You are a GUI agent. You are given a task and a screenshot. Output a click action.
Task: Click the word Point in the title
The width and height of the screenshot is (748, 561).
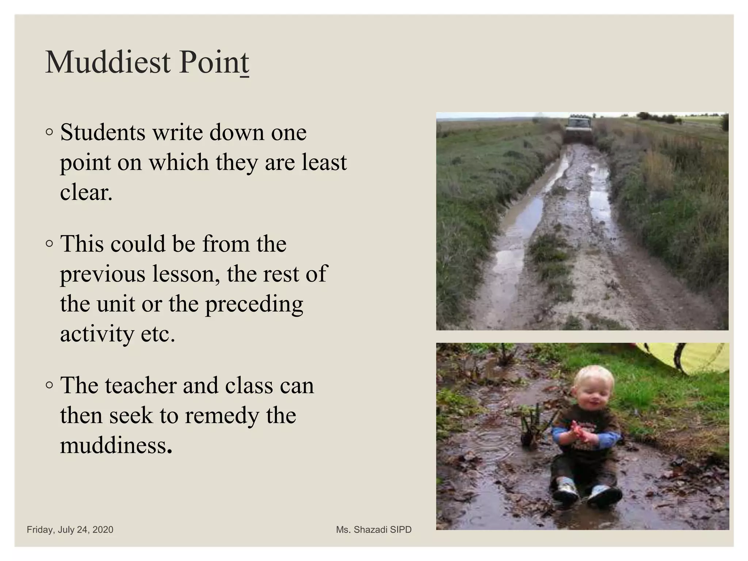point(214,63)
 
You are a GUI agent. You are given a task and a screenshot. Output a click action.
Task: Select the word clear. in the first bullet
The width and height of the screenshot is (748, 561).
point(86,192)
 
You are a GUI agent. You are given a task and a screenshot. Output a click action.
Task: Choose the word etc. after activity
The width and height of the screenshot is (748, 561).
point(158,334)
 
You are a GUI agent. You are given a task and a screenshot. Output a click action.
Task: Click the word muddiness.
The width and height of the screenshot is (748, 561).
point(116,446)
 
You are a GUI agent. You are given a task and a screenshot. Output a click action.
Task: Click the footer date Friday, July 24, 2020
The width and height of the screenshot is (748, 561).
point(70,530)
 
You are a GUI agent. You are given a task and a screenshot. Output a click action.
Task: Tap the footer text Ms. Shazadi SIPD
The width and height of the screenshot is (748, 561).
point(374,530)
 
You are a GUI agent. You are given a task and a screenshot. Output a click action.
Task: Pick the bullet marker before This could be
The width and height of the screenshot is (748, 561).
point(50,244)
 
